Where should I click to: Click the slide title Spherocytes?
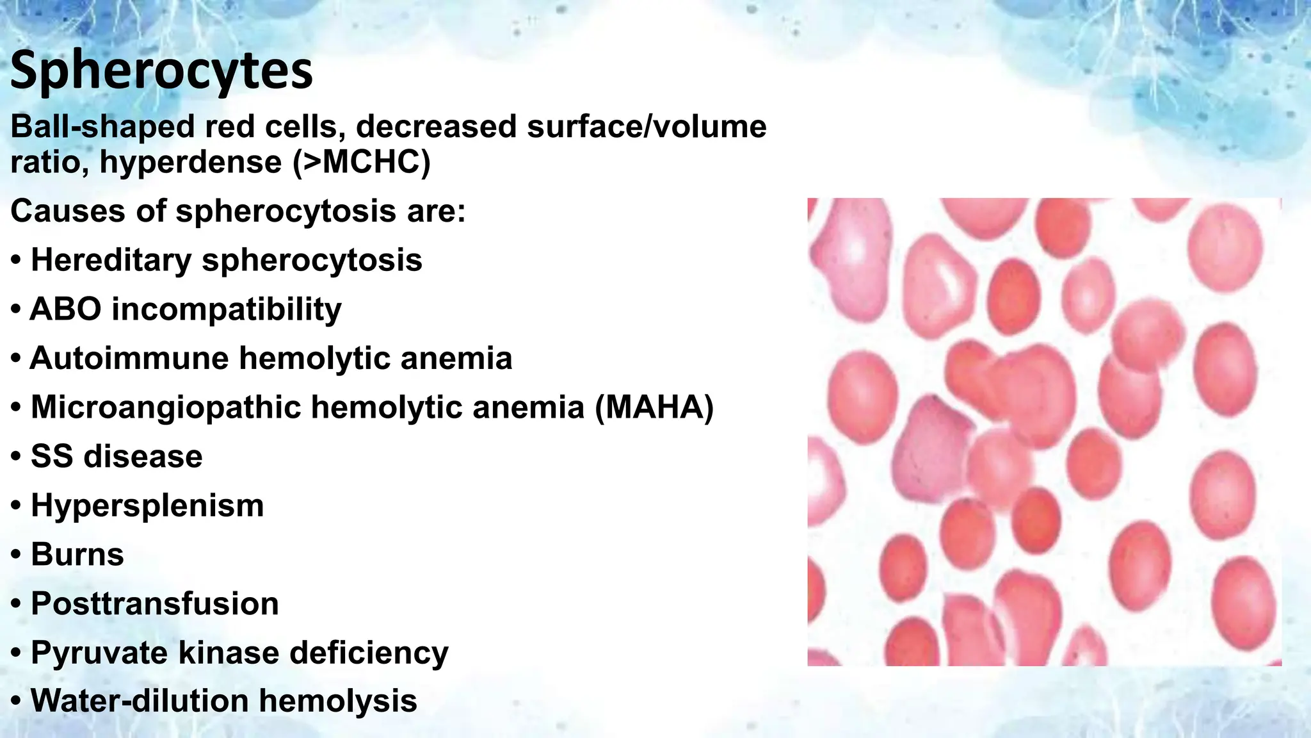click(161, 70)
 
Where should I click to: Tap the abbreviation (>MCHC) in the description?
click(362, 161)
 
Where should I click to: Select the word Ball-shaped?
click(102, 127)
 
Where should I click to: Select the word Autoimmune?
click(129, 358)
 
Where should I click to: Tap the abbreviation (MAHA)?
click(654, 407)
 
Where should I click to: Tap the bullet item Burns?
click(77, 555)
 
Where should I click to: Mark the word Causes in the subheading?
click(68, 211)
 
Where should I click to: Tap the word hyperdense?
click(191, 161)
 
